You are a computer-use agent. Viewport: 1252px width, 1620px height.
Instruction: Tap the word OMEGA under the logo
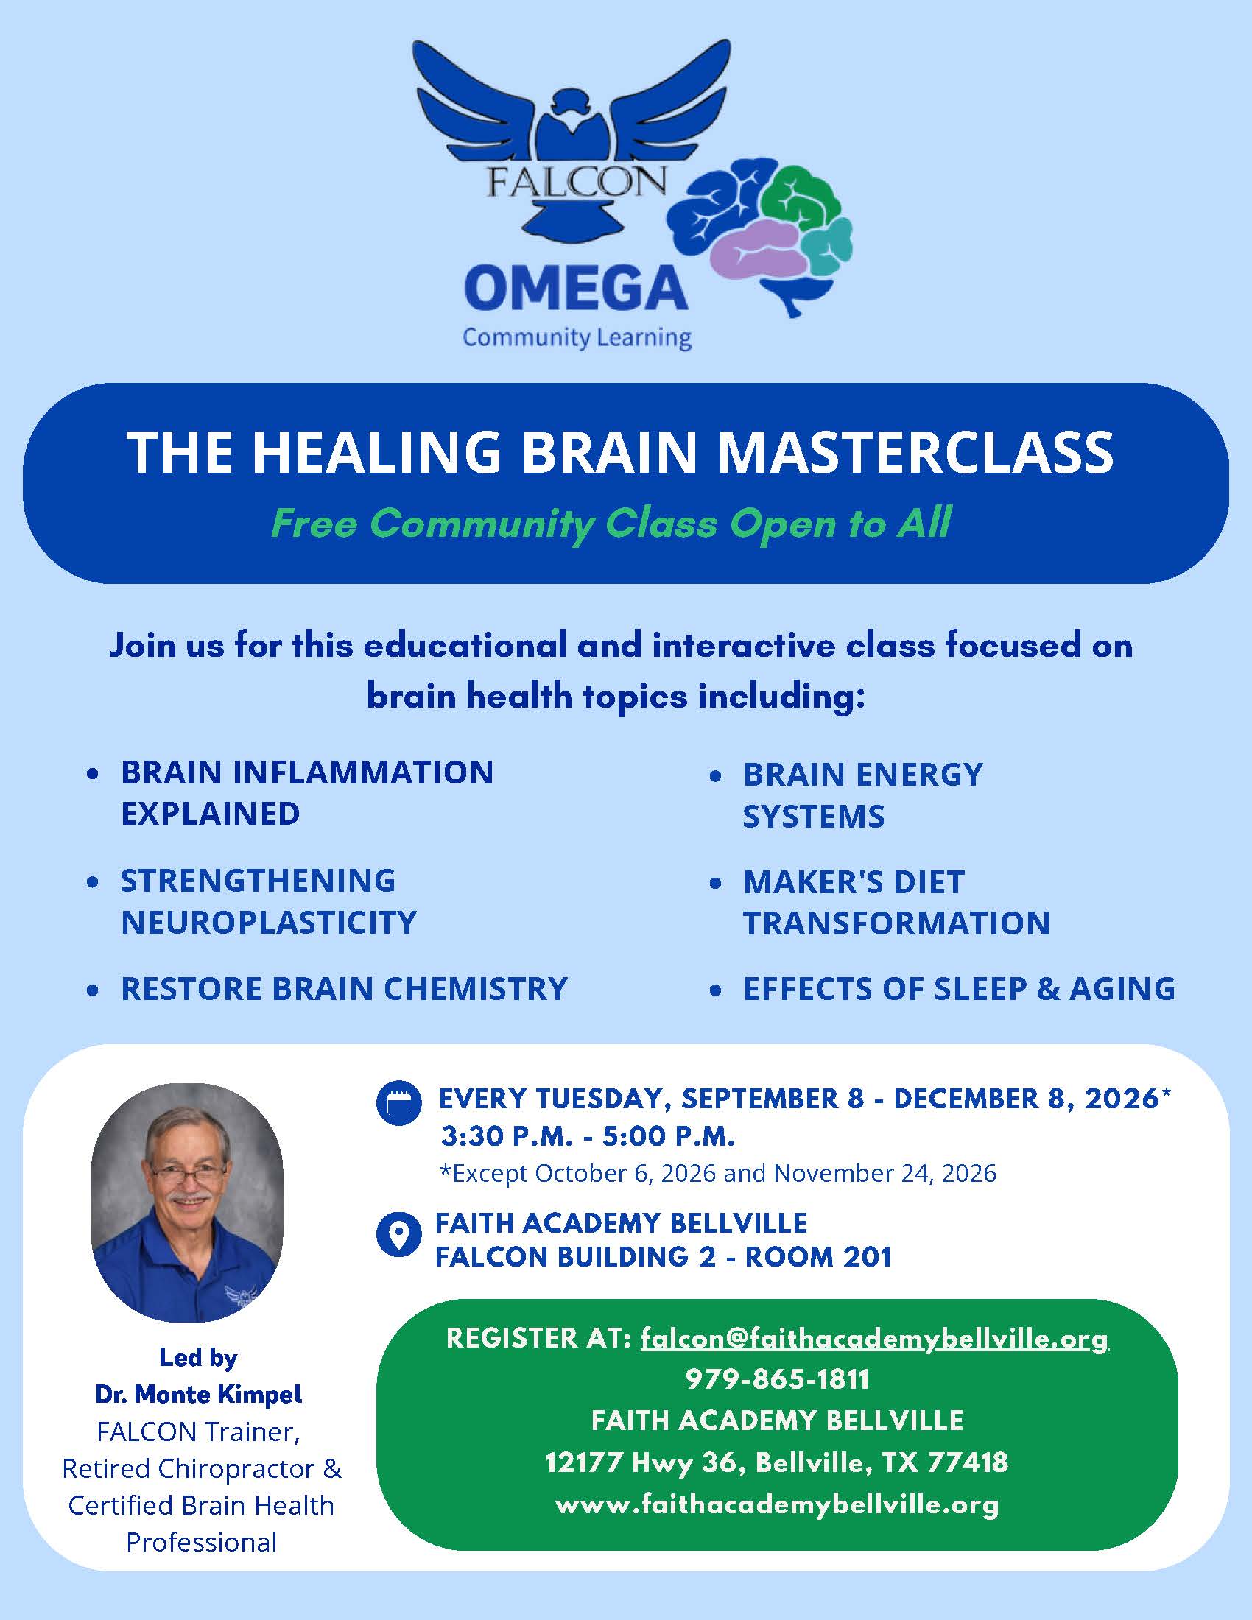click(577, 289)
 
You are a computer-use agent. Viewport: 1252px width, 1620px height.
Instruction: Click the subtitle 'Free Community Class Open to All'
click(611, 523)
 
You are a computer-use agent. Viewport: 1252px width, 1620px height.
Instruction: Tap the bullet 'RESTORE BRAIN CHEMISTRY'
click(344, 989)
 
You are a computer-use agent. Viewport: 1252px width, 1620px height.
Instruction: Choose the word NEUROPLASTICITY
click(269, 922)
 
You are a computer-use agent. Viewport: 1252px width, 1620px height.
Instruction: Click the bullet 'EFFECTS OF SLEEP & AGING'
click(959, 989)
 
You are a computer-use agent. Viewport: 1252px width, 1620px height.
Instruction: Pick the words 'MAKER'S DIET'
click(854, 882)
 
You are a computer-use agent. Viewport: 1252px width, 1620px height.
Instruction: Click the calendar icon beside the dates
click(399, 1103)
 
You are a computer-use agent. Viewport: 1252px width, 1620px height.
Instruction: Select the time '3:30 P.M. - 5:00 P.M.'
click(588, 1136)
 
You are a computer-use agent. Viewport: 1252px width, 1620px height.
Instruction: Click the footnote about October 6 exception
click(718, 1174)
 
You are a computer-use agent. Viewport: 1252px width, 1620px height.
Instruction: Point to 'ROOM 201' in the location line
click(818, 1256)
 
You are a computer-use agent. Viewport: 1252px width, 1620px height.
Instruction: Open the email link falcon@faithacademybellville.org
click(874, 1338)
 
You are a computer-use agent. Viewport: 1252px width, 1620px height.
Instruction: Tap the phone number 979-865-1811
click(776, 1379)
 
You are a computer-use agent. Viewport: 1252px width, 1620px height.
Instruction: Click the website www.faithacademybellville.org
click(776, 1504)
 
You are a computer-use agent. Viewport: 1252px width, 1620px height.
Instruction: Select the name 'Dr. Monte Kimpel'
click(199, 1395)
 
